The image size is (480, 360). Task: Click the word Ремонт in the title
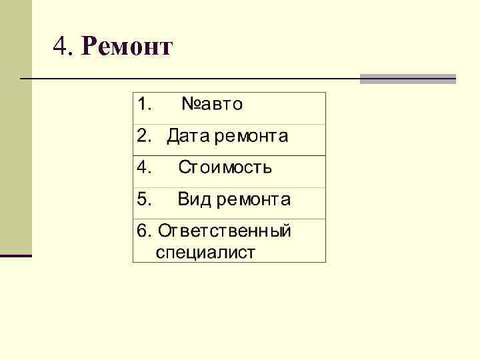pyautogui.click(x=127, y=47)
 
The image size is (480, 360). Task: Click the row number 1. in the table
pyautogui.click(x=145, y=105)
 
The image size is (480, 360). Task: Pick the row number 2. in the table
pyautogui.click(x=144, y=137)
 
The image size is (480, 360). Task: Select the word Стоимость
pyautogui.click(x=225, y=167)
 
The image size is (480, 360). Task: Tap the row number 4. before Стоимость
pyautogui.click(x=145, y=167)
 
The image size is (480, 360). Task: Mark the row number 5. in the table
pyautogui.click(x=145, y=199)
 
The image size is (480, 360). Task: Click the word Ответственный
pyautogui.click(x=225, y=231)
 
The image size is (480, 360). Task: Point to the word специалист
pyautogui.click(x=205, y=253)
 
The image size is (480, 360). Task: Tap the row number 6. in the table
pyautogui.click(x=143, y=231)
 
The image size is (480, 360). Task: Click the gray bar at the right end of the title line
pyautogui.click(x=407, y=79)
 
